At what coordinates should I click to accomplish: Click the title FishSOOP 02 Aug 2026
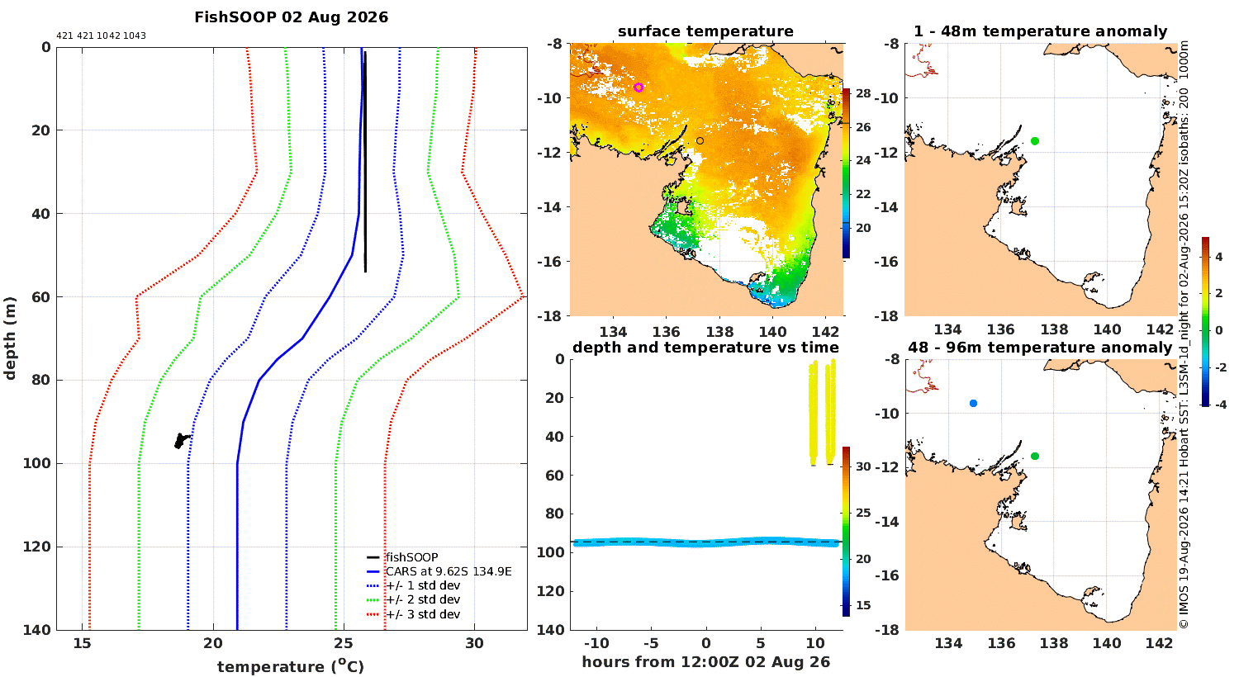(291, 17)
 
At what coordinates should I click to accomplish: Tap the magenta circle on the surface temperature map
(638, 88)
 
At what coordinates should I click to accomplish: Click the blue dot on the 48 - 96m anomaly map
(974, 404)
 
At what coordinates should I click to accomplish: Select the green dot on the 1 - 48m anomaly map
(1035, 141)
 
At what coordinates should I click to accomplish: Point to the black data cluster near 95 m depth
(181, 441)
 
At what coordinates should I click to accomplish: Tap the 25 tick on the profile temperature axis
(344, 643)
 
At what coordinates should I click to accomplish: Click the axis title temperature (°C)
(291, 666)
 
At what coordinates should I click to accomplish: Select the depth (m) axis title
(9, 338)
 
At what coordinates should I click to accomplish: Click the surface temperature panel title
(705, 31)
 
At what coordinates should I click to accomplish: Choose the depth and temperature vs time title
(705, 348)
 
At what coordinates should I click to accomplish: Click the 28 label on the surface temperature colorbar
(863, 93)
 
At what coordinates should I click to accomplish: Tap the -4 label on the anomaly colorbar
(1219, 405)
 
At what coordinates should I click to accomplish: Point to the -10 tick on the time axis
(596, 643)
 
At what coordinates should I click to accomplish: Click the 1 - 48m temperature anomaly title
(1041, 31)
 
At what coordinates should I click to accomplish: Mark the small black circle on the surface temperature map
(700, 141)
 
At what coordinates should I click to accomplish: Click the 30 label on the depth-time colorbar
(863, 466)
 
